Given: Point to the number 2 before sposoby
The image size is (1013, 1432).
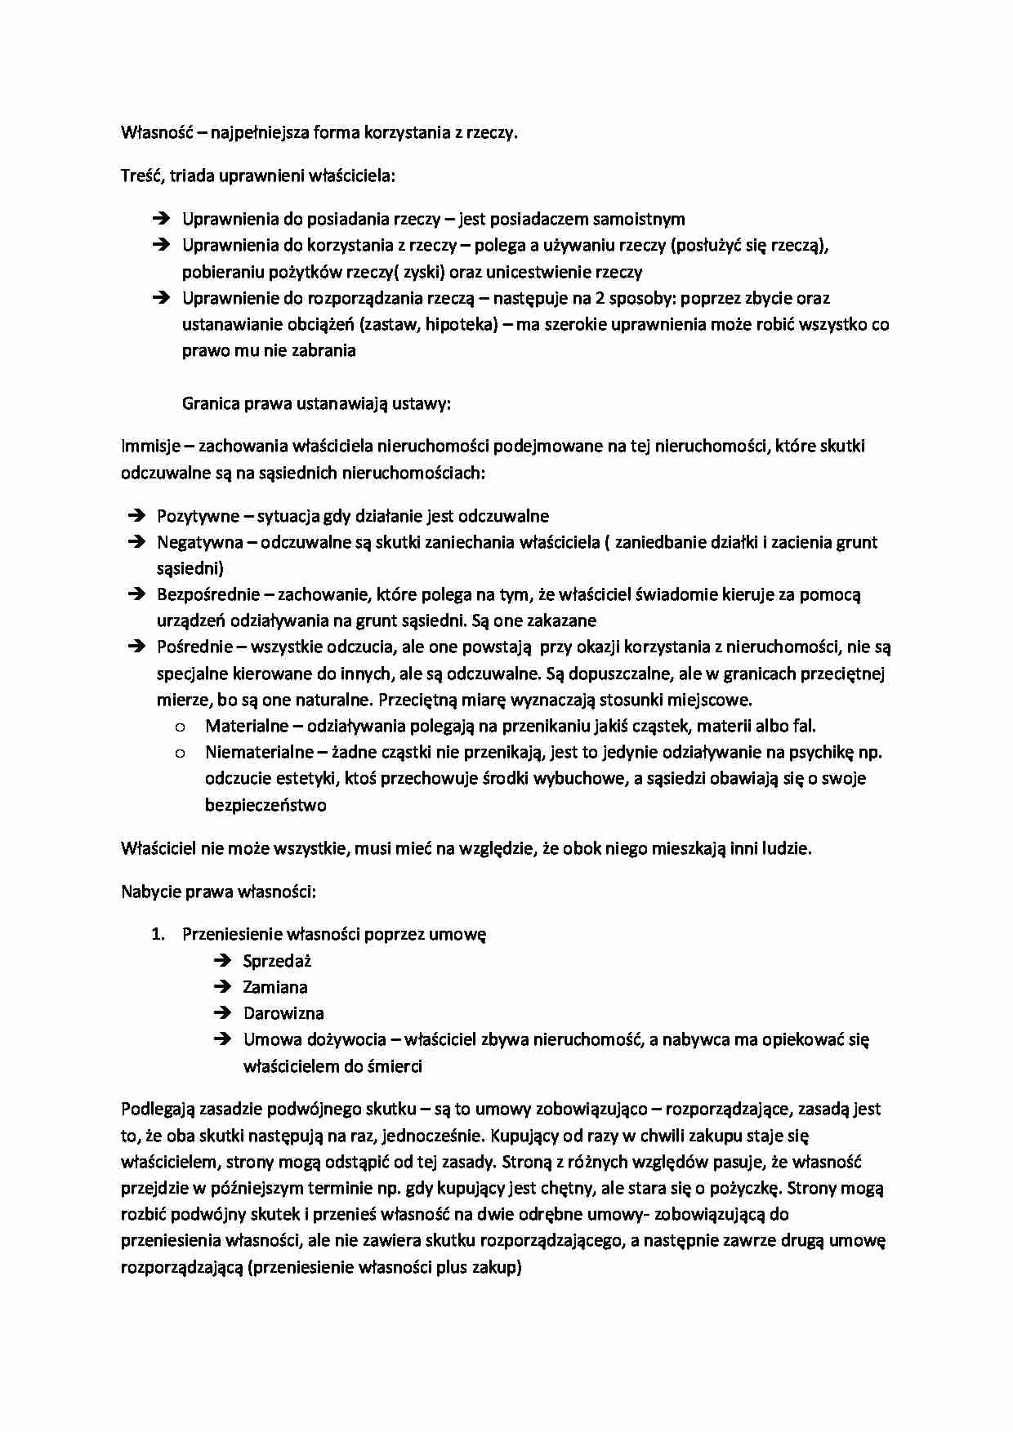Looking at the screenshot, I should click(600, 298).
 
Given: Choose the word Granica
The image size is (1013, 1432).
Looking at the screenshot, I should click(210, 403).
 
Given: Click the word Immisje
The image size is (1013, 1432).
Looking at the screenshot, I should click(150, 446).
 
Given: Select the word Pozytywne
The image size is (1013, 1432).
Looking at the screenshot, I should click(199, 516).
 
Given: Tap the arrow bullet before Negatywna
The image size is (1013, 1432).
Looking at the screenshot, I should click(136, 542).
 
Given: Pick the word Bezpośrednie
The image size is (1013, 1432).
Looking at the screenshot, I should click(208, 594).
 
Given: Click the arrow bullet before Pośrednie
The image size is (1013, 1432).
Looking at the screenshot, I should click(136, 647).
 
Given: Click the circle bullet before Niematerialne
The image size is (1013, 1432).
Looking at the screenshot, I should click(180, 753).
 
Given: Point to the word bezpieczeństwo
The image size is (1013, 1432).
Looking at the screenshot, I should click(266, 805).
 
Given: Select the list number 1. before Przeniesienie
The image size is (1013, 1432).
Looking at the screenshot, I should click(158, 934).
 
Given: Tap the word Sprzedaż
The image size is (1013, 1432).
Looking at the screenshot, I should click(277, 961).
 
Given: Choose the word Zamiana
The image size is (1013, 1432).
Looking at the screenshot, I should click(275, 987).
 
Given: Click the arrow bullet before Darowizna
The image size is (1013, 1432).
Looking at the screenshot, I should click(222, 1013).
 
